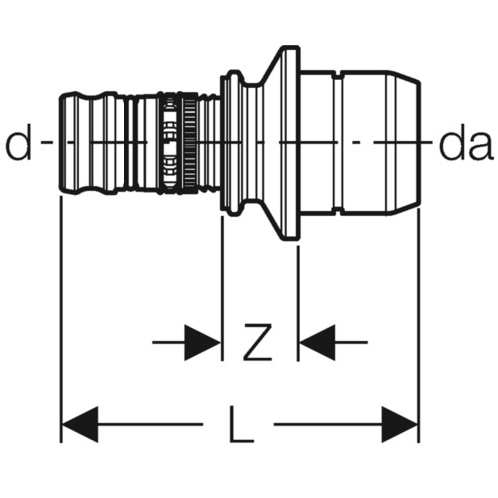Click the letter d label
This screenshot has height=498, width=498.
pos(18,142)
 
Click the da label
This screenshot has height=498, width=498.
pos(465,146)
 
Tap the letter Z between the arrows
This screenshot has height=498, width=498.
pos(257,342)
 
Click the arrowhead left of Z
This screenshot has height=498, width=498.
pos(202,343)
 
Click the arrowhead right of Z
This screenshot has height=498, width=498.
pos(317,343)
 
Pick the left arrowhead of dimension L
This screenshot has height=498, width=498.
pos(80,424)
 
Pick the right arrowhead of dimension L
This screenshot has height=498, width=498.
pos(400,424)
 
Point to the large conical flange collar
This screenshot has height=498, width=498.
pos(282,142)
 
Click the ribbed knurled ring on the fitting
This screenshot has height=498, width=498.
pos(190,142)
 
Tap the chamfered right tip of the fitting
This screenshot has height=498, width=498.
pos(405,142)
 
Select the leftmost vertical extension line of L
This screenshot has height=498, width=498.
pos(61,320)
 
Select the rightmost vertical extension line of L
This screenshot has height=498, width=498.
pos(419,326)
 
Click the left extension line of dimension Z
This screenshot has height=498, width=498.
pos(222,288)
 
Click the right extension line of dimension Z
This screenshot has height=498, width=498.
pos(298,303)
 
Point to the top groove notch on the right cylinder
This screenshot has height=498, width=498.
pos(337,75)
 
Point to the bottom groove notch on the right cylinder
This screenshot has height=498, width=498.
pos(337,211)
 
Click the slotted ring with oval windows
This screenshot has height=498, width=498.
pos(170,142)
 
